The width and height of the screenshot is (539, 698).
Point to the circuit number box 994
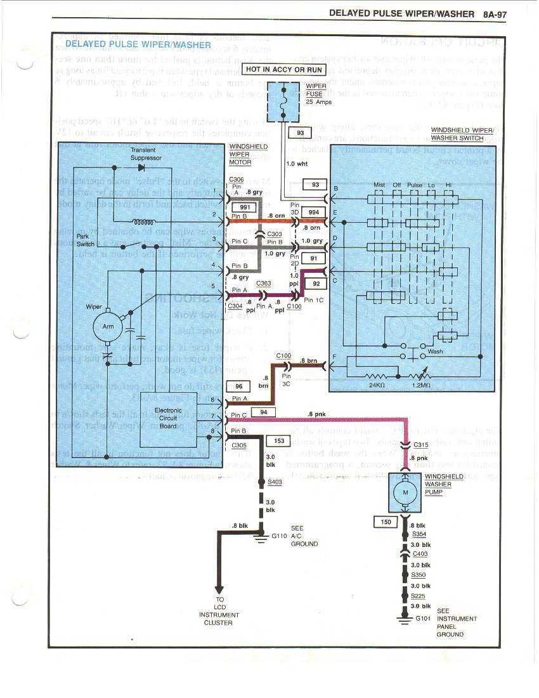(x=312, y=211)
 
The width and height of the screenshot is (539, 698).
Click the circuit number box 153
(x=278, y=440)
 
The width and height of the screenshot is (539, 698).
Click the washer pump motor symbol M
(x=405, y=493)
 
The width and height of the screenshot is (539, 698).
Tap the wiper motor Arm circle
(x=108, y=327)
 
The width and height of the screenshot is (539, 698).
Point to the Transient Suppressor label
(x=146, y=154)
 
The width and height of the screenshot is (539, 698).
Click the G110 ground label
(x=280, y=536)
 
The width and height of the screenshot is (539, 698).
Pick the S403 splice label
(x=275, y=482)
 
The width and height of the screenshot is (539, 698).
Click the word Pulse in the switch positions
(x=414, y=185)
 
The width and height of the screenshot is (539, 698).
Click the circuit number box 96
(x=238, y=386)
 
